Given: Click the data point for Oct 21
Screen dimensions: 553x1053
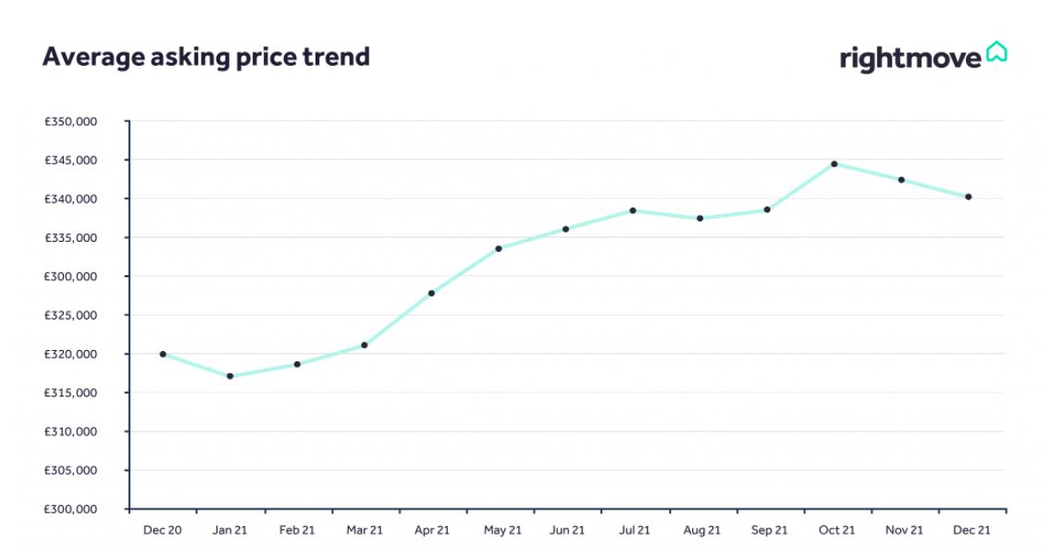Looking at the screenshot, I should click(x=835, y=164).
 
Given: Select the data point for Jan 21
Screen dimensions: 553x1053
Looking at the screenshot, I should click(x=229, y=376).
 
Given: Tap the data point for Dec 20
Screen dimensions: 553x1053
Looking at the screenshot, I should click(x=163, y=354).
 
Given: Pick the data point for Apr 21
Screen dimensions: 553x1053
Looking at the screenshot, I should click(x=431, y=294).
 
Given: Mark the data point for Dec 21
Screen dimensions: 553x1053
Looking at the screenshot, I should click(x=969, y=196).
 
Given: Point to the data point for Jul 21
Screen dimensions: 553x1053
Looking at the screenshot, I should click(x=633, y=210).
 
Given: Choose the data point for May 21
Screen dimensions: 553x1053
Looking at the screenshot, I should click(x=499, y=248).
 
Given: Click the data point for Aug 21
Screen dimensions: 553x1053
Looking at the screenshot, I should click(x=700, y=219).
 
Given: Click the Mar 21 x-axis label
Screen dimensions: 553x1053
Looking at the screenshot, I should click(x=365, y=531).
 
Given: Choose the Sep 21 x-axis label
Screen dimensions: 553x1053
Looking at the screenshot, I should click(x=768, y=531).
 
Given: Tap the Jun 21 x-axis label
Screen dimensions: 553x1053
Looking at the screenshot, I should click(x=566, y=531).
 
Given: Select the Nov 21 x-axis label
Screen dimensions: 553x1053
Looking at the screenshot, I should click(x=903, y=531).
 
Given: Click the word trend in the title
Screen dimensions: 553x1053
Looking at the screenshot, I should click(x=338, y=57).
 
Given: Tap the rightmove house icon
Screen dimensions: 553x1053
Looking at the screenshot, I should click(x=997, y=52).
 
